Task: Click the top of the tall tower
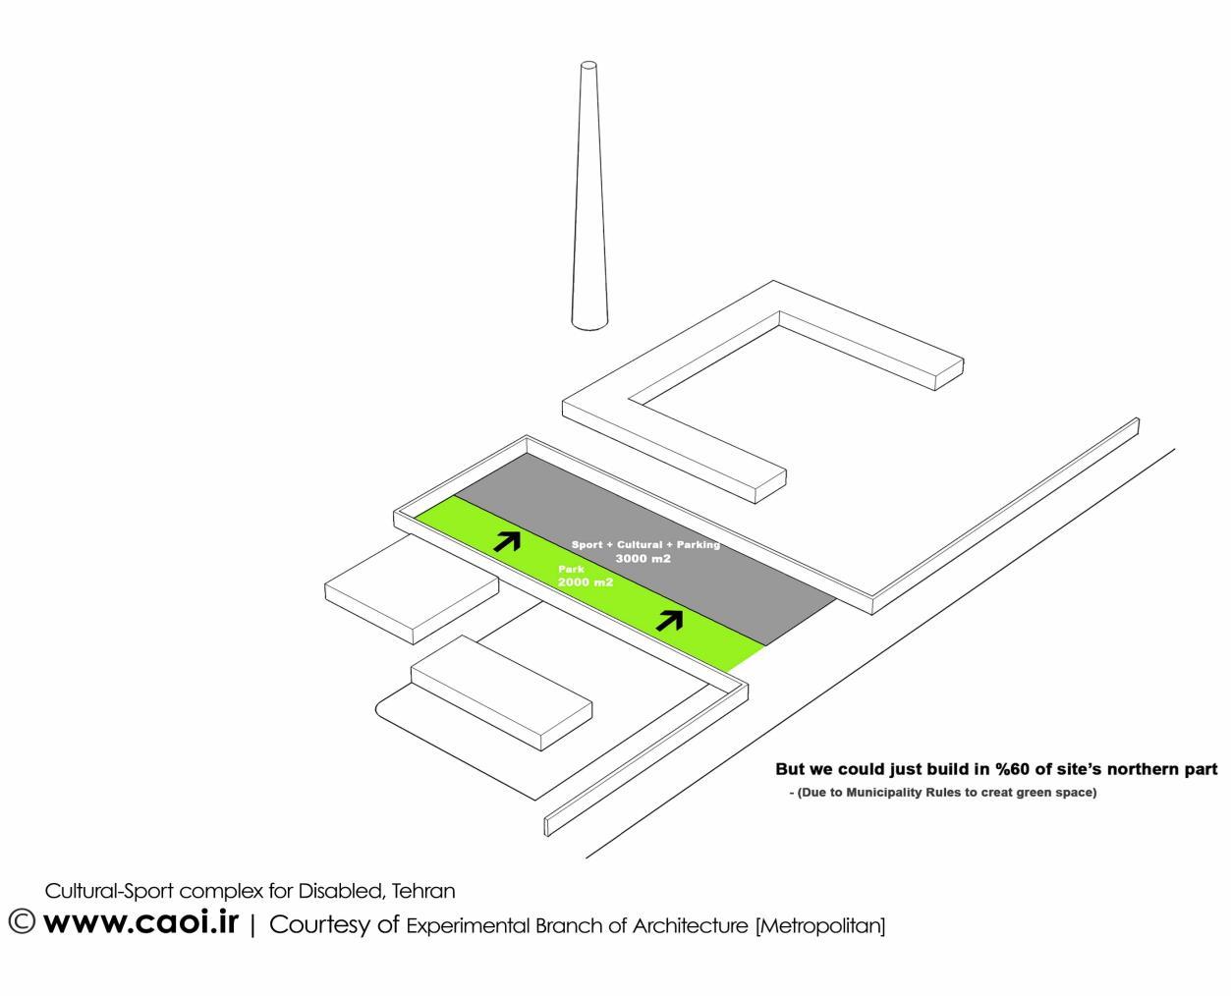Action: pos(588,67)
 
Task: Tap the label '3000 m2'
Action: pos(643,559)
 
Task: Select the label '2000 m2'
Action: pos(585,582)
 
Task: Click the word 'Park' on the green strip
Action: pos(571,569)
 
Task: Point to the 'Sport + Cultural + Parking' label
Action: pos(645,544)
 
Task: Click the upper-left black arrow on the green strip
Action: pos(507,539)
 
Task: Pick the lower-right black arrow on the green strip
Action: pos(669,619)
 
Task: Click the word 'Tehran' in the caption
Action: pos(423,892)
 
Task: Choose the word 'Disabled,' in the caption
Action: pos(342,892)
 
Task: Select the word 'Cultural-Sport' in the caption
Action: pos(110,892)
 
